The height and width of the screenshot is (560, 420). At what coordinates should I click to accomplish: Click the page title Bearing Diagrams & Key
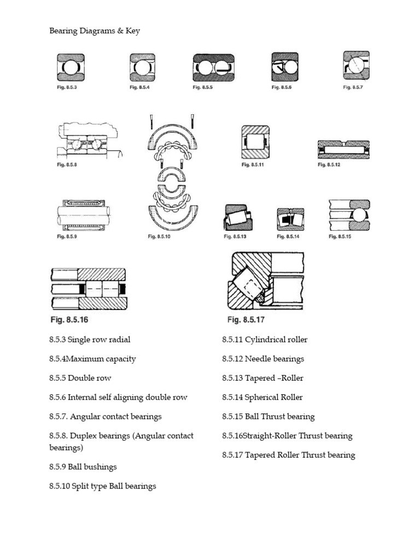[95, 31]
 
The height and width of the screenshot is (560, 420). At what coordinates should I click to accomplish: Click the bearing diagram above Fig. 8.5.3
[71, 67]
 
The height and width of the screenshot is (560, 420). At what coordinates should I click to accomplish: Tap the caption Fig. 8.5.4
[139, 87]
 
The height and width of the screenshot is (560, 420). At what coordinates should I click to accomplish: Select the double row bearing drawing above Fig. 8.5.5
[213, 67]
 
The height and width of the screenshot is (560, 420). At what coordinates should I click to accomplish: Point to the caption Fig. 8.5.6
[282, 87]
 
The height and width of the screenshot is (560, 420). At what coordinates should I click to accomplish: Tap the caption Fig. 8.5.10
[160, 237]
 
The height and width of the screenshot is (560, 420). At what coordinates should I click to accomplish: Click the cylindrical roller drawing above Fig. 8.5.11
[255, 142]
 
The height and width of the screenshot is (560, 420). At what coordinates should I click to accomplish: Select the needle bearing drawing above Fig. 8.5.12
[343, 149]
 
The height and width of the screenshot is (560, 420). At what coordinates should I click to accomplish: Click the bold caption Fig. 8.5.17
[246, 320]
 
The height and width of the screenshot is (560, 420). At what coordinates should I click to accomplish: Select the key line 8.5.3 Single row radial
[90, 340]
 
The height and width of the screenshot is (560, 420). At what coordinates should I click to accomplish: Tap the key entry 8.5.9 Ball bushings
[83, 467]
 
